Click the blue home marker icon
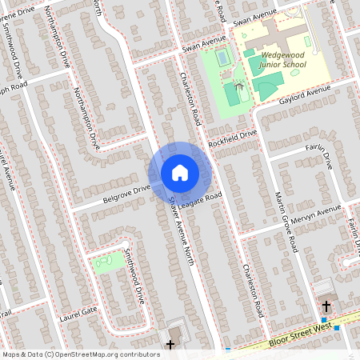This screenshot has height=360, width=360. click(180, 172)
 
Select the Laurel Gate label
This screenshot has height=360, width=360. click(78, 313)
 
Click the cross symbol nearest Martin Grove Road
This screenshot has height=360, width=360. click(326, 306)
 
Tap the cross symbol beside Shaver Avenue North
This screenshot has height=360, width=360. click(170, 345)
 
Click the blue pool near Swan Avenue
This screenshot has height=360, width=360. click(222, 59)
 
